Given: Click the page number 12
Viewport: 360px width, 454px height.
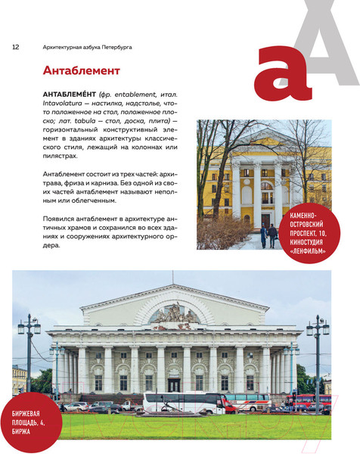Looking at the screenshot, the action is pyautogui.click(x=15, y=47).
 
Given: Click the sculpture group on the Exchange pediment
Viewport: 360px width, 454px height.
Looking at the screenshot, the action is pyautogui.click(x=174, y=313).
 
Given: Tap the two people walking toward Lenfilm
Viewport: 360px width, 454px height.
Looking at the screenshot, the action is pyautogui.click(x=267, y=234).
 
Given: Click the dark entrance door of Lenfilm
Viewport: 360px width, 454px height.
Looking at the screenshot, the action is pyautogui.click(x=265, y=219).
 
